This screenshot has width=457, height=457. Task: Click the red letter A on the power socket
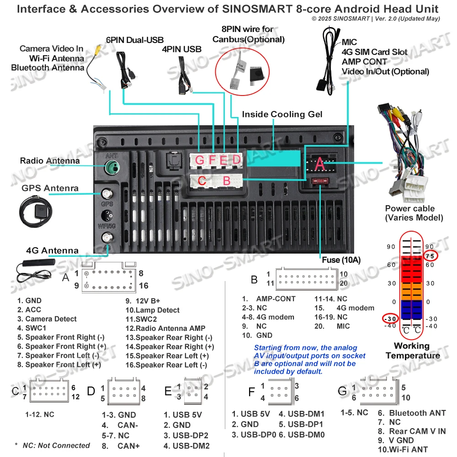point(320,164)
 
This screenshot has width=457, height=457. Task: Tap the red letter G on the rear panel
point(200,160)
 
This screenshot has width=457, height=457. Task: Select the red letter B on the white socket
point(226,181)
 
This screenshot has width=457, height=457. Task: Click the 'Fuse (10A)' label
point(341,260)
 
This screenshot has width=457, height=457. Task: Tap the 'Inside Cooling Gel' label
point(282,114)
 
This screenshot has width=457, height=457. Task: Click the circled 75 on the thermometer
point(430,256)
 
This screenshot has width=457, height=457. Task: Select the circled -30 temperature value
point(390,319)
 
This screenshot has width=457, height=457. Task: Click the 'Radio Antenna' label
point(50,161)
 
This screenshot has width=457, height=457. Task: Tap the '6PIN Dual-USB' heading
point(134,40)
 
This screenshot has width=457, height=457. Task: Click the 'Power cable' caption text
point(409,208)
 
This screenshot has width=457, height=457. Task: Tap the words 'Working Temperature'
point(412,351)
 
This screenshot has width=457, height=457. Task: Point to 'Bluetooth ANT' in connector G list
point(417,413)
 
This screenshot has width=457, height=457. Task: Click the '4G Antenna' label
point(52,250)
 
